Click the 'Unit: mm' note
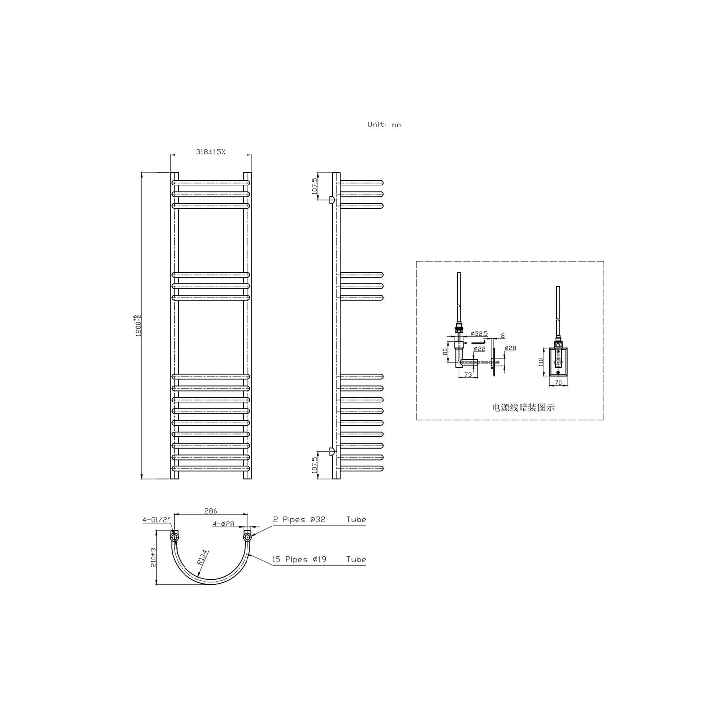tap(384, 124)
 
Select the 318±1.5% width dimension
tap(211, 152)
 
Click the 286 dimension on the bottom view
tap(210, 511)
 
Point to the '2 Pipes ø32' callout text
tap(300, 520)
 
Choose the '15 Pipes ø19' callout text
tap(300, 559)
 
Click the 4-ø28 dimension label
tap(223, 524)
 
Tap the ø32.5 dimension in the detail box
tap(479, 334)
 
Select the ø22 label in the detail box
tap(479, 349)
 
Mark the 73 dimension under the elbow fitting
tap(468, 375)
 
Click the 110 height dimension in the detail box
tap(540, 362)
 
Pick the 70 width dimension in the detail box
tap(558, 381)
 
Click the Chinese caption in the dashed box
tap(524, 407)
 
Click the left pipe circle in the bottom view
tap(174, 538)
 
